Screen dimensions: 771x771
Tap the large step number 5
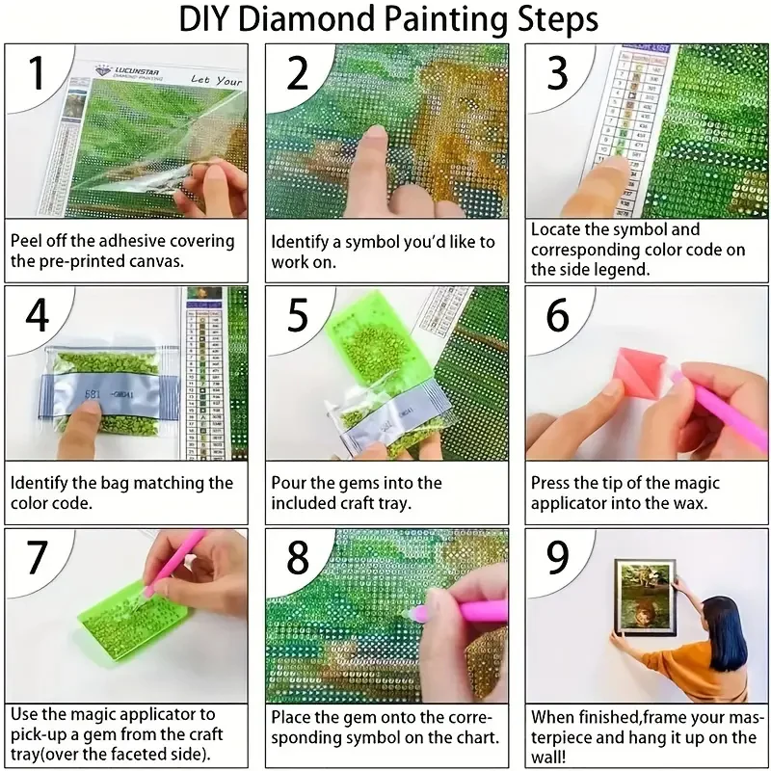coord(298,315)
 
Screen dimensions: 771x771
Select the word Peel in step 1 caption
coord(29,240)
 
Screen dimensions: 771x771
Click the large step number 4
coord(37,315)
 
